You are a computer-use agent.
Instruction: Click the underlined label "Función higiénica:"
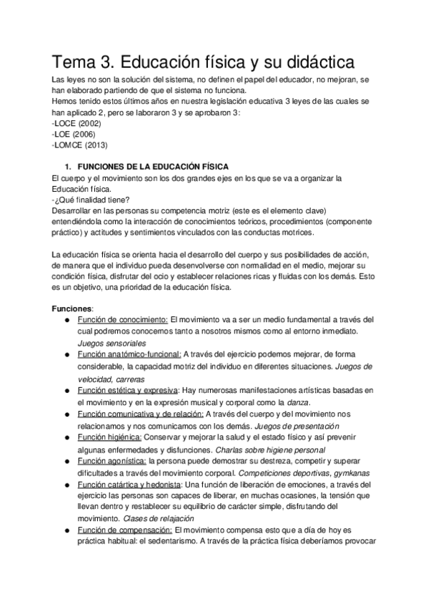pyautogui.click(x=110, y=437)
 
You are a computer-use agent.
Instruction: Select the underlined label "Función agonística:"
pyautogui.click(x=112, y=460)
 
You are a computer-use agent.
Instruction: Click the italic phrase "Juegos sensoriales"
pyautogui.click(x=111, y=343)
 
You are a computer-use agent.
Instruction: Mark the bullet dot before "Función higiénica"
pyautogui.click(x=66, y=437)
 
